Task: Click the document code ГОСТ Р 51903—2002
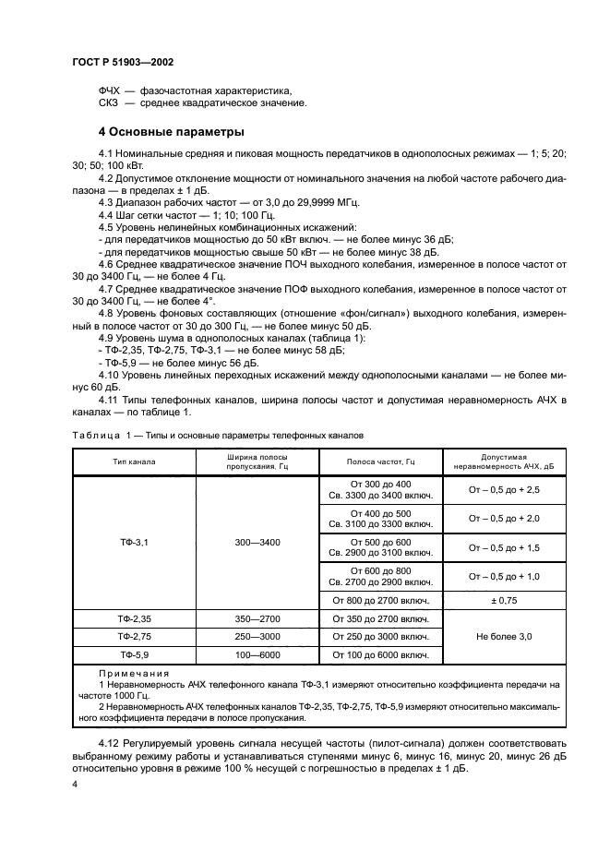(123, 61)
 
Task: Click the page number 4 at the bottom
(75, 784)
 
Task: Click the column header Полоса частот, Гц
(380, 461)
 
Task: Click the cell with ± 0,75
(503, 600)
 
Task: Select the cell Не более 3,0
(503, 636)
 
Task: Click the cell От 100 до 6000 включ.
(380, 654)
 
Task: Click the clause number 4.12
(112, 742)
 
